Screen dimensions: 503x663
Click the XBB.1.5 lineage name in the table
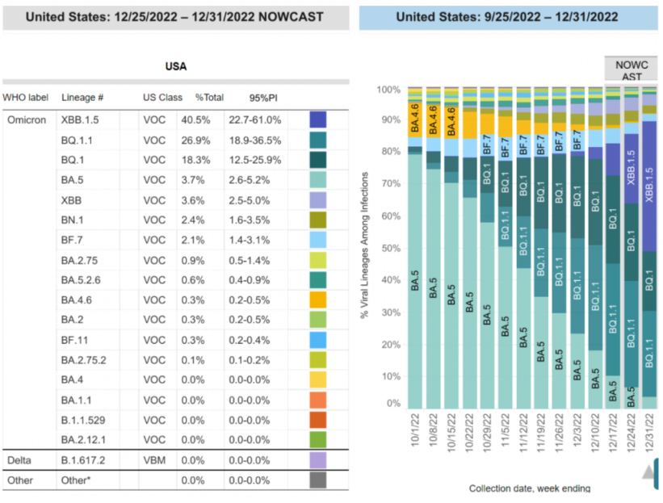(82, 119)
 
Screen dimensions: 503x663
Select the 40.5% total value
(207, 119)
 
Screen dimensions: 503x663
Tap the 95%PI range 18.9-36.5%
(254, 139)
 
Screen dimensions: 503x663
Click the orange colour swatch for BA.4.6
(318, 300)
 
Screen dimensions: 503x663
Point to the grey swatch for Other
(318, 480)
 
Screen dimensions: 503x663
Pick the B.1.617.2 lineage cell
(83, 459)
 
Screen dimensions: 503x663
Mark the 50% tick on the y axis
(391, 247)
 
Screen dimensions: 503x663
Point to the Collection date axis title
(530, 488)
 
